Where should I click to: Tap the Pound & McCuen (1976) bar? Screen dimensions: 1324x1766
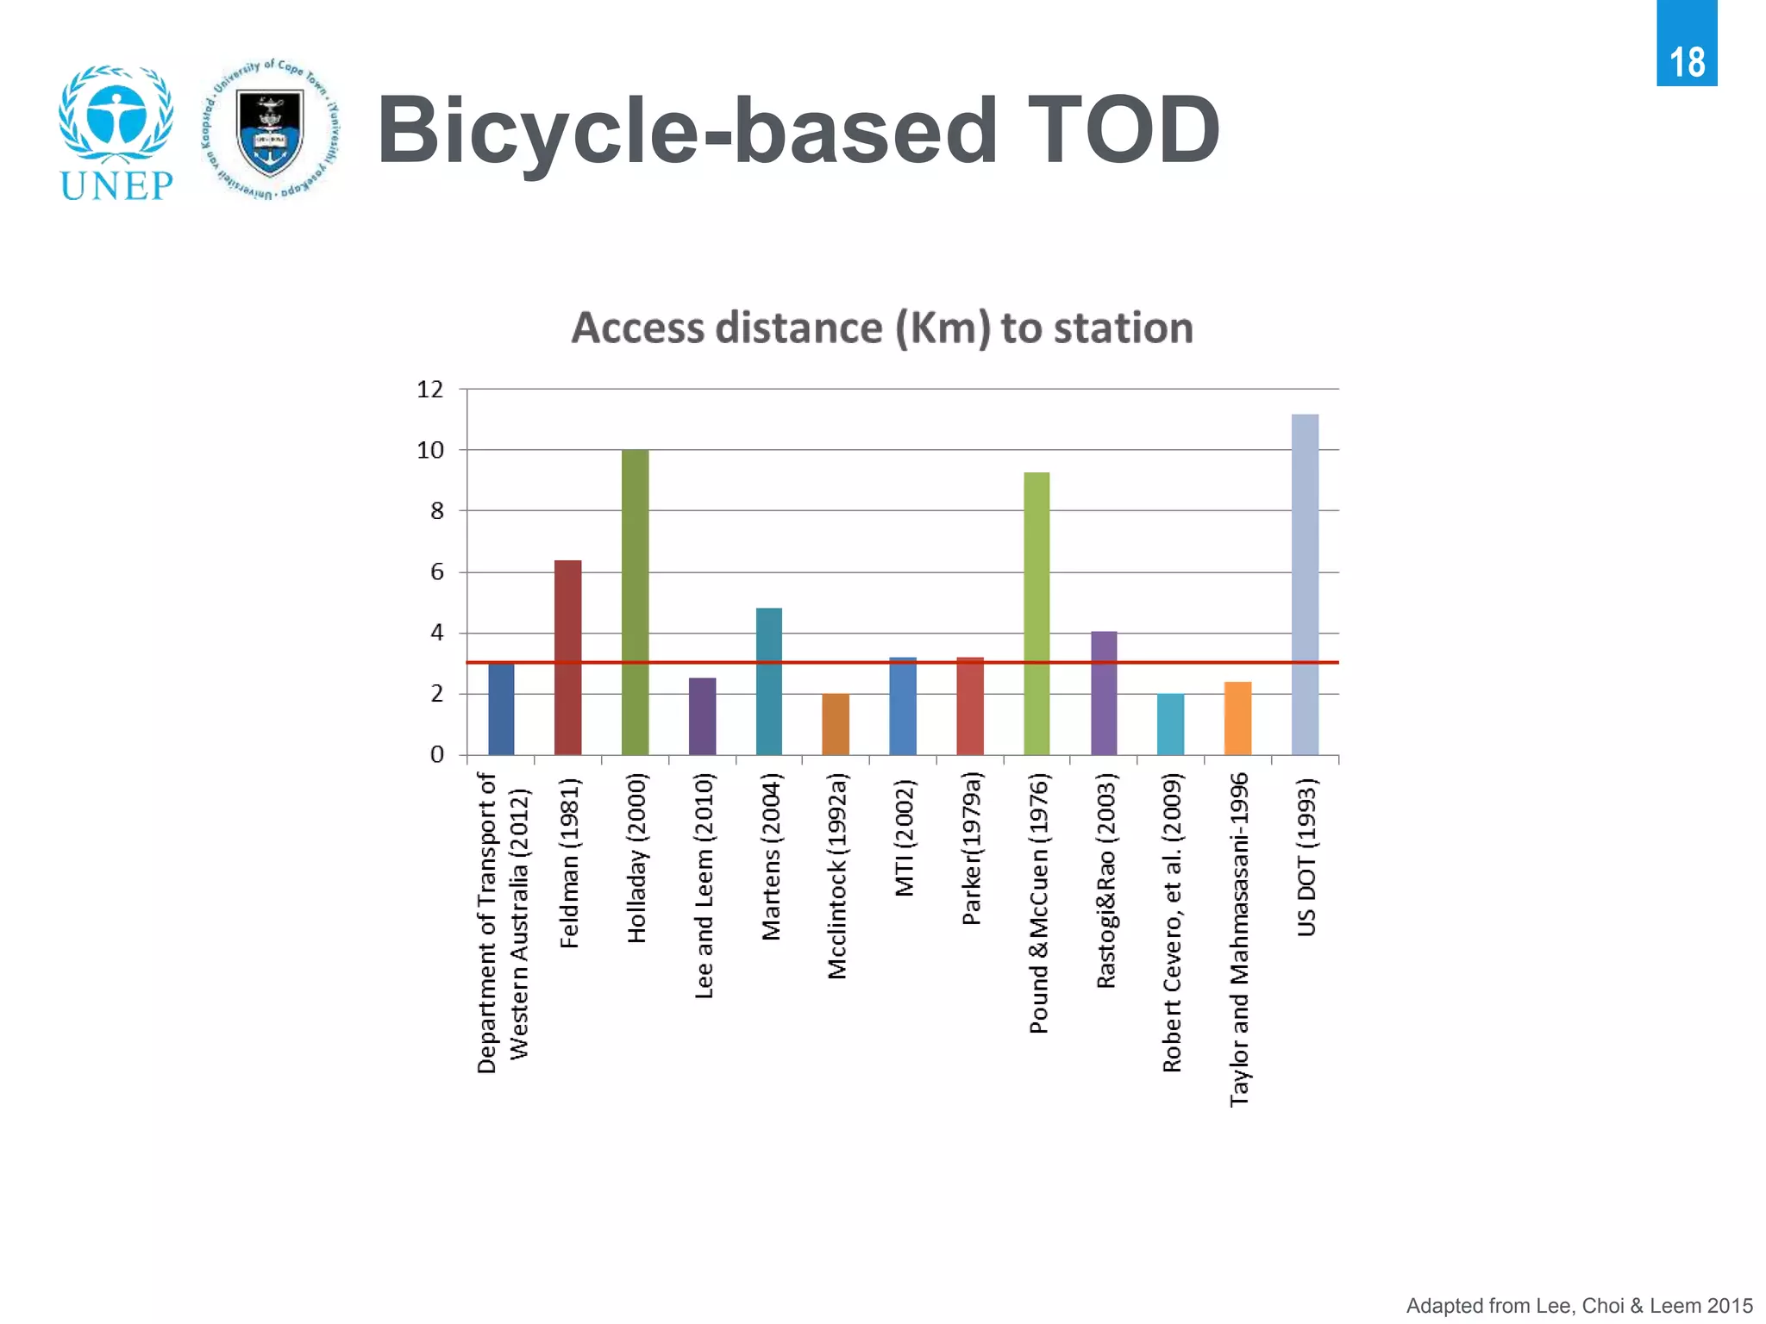tap(1036, 613)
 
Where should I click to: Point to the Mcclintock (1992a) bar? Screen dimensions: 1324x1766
tap(836, 724)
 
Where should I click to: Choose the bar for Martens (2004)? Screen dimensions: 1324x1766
tap(769, 681)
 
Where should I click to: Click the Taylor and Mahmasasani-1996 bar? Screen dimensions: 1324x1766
tap(1237, 718)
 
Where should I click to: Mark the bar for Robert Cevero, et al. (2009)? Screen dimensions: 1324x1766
tap(1170, 724)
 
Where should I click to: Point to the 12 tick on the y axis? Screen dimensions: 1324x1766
tap(430, 390)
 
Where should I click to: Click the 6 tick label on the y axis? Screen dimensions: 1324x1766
tap(436, 572)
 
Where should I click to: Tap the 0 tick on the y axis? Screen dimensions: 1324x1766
tap(436, 755)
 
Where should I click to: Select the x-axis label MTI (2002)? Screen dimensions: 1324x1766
tap(904, 838)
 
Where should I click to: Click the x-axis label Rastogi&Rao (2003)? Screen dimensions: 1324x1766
tap(1105, 880)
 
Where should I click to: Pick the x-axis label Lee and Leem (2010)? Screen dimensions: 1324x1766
tap(704, 886)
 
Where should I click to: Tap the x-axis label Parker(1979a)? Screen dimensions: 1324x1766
tap(971, 848)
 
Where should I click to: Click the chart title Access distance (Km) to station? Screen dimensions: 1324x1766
tap(882, 328)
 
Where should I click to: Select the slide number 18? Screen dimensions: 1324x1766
tap(1687, 62)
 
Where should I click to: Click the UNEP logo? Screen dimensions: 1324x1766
tap(116, 134)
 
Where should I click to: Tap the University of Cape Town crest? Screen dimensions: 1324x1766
tap(270, 130)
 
